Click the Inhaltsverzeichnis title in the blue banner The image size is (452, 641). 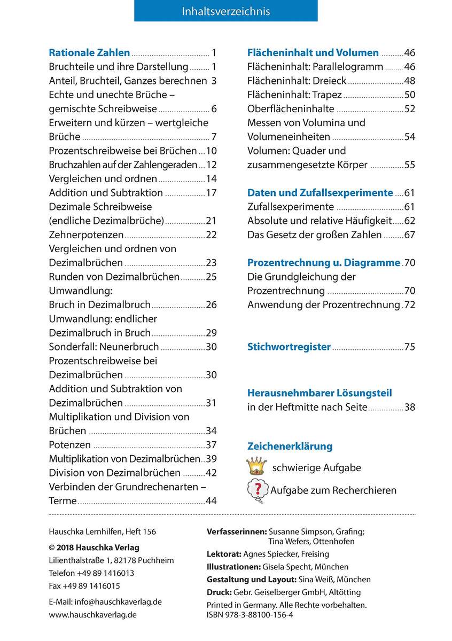click(x=225, y=11)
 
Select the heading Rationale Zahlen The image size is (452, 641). click(x=89, y=52)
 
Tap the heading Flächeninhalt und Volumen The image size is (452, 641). click(x=313, y=52)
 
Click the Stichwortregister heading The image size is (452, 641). click(x=289, y=347)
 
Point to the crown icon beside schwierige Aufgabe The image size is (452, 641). click(x=256, y=466)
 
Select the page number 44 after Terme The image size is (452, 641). click(x=211, y=501)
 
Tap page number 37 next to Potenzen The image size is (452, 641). click(x=211, y=445)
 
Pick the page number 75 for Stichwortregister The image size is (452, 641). click(x=410, y=347)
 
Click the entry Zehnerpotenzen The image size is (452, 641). click(x=86, y=234)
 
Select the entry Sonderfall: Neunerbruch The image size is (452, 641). click(x=104, y=347)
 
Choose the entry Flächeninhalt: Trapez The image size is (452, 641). click(x=294, y=95)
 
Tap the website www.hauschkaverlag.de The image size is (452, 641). click(x=92, y=614)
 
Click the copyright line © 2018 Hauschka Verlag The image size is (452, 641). click(x=93, y=548)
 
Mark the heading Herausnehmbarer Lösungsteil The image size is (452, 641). click(x=319, y=393)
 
